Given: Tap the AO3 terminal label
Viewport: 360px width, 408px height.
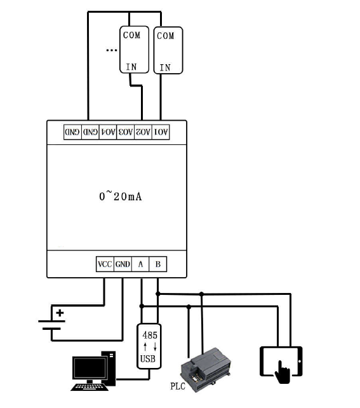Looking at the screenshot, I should tap(126, 132).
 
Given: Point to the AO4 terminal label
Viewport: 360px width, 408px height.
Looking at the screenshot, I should tap(108, 132).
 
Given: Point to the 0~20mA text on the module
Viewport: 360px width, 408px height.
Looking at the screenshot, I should tap(116, 196).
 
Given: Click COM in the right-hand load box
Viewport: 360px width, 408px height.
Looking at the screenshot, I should tap(165, 36).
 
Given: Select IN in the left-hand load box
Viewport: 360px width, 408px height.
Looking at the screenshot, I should tap(131, 66).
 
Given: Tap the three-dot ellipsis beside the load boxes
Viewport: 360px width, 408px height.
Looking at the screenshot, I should tap(112, 50).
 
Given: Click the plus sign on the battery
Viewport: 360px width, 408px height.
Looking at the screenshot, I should tap(60, 313).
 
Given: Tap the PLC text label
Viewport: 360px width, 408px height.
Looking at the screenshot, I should tap(178, 386).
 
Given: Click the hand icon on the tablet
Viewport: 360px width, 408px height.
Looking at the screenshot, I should tap(283, 372).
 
